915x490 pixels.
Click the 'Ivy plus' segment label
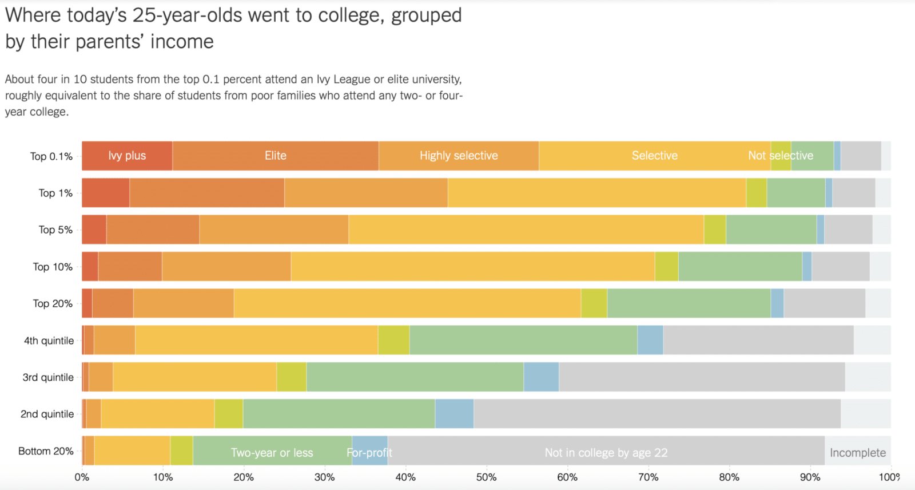click(127, 156)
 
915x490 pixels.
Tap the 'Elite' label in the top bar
click(275, 156)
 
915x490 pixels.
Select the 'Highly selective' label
click(459, 156)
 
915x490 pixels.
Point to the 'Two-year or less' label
click(272, 453)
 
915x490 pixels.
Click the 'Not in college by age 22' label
click(606, 453)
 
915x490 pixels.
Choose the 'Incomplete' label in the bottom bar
click(857, 453)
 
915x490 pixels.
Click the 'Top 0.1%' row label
click(51, 156)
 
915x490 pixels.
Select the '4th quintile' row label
click(49, 341)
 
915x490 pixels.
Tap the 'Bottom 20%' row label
click(46, 451)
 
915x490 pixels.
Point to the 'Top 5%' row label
click(55, 230)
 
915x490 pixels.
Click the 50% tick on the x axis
click(486, 477)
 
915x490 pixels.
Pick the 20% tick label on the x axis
click(244, 477)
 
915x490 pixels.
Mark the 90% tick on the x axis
click(810, 477)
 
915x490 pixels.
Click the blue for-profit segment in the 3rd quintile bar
click(540, 377)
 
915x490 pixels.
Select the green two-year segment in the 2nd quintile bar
click(339, 413)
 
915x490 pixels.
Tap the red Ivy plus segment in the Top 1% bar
click(105, 192)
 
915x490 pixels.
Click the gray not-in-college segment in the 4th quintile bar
click(758, 340)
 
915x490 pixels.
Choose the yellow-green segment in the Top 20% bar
click(594, 303)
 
